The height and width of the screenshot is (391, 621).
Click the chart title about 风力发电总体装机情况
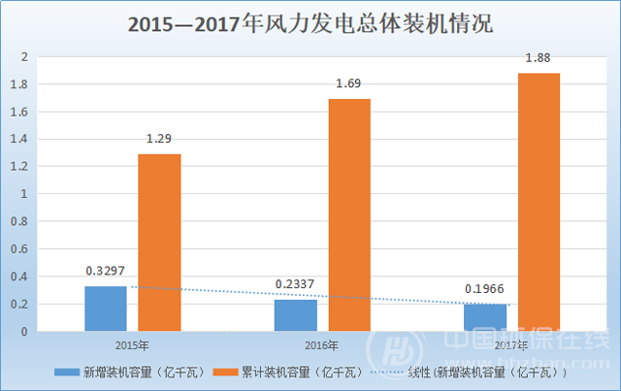tap(311, 23)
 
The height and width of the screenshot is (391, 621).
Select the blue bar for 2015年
tap(106, 309)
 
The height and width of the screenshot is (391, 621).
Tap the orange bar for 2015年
tap(159, 243)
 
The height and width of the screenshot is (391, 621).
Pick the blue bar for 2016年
tap(295, 315)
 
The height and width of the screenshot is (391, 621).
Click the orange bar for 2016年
tap(348, 214)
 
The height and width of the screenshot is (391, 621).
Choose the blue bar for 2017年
tap(484, 317)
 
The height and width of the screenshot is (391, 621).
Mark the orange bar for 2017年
tap(539, 202)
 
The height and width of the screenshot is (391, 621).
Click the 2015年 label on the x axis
tap(131, 344)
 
